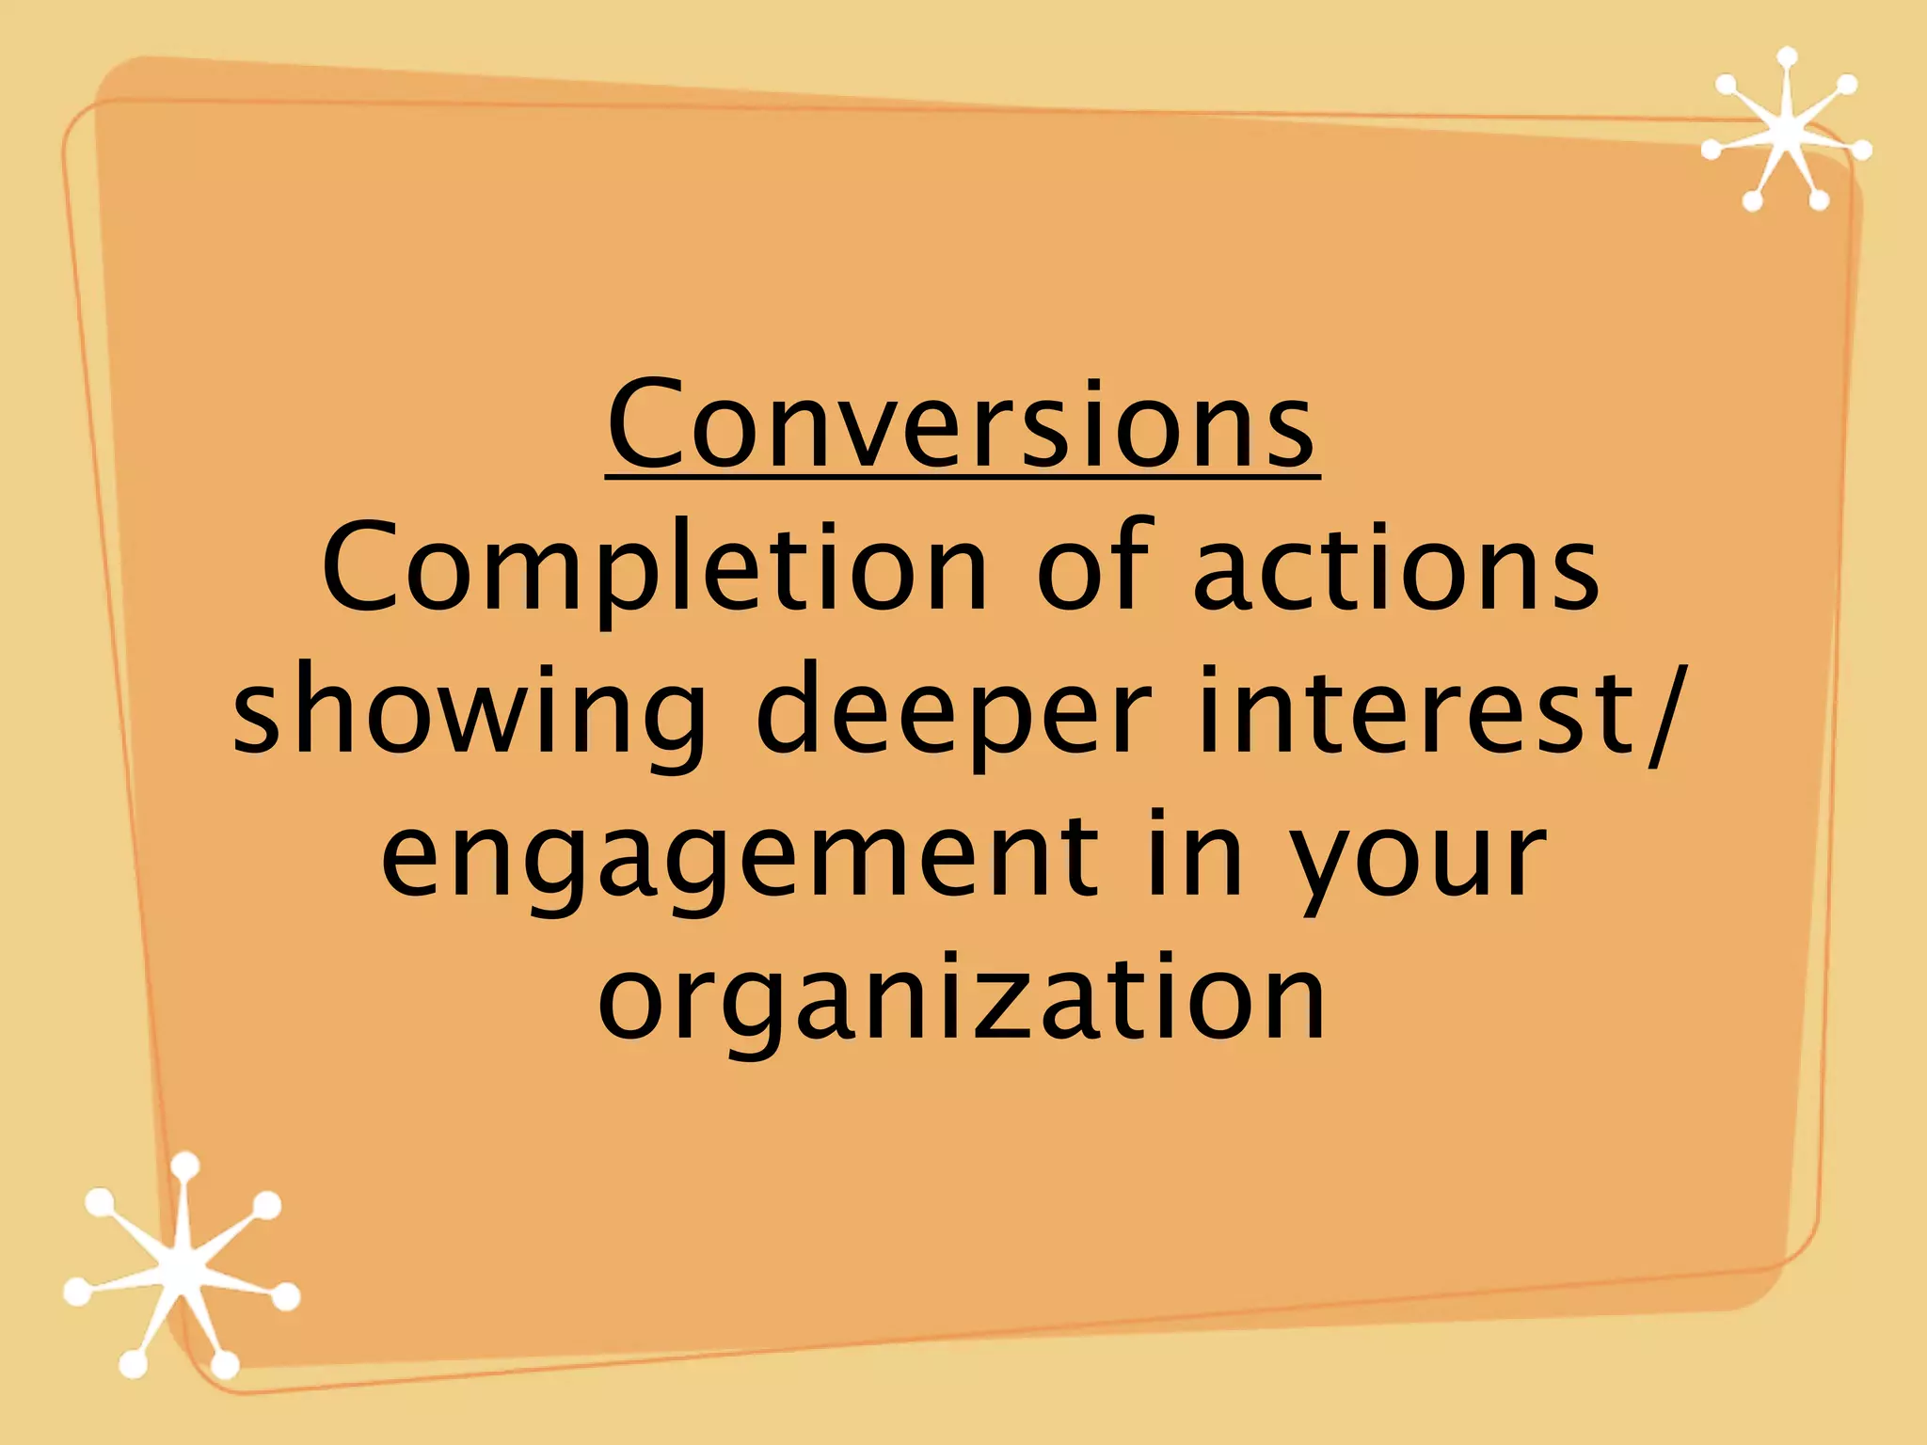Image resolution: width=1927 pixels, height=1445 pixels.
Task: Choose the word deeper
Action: pos(953,713)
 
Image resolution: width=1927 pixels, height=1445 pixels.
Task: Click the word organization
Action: pos(962,999)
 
